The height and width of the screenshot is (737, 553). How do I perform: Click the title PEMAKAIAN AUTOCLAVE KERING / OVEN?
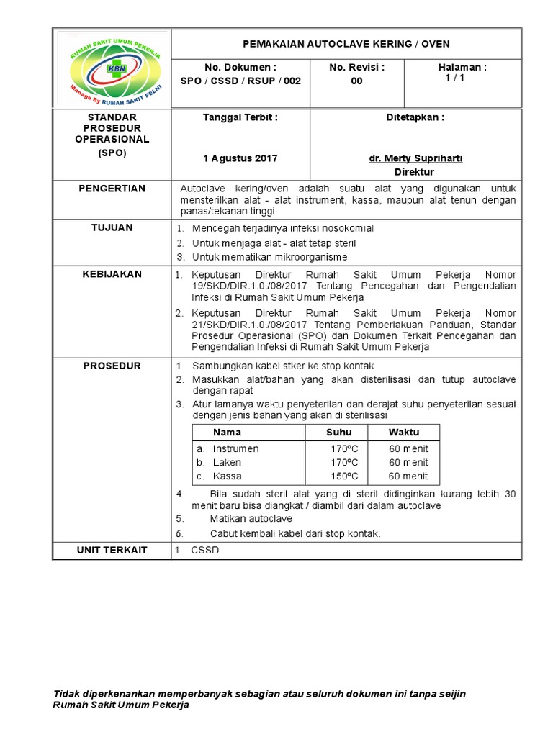[346, 44]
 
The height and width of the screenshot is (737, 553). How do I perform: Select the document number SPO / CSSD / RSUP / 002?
[240, 81]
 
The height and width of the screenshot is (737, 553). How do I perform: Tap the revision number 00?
[356, 81]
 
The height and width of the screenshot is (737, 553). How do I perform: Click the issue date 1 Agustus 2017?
[240, 158]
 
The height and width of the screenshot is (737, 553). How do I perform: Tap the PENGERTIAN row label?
[112, 189]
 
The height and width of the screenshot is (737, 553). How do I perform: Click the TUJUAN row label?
[112, 227]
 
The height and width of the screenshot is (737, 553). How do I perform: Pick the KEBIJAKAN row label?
[112, 274]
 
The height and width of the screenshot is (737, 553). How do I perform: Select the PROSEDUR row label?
[112, 366]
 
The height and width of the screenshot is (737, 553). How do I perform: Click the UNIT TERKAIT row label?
[112, 550]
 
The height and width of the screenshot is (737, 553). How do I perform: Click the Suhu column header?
[339, 433]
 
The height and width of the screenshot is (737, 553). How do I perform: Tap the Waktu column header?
[404, 433]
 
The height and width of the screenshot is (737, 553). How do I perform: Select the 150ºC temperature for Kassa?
[344, 476]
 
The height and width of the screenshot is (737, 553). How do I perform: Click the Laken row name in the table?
[227, 462]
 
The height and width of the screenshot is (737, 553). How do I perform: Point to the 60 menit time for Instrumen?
[408, 448]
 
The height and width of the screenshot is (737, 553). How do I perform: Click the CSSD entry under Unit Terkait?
[204, 551]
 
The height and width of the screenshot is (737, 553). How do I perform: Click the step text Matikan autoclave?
[251, 518]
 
